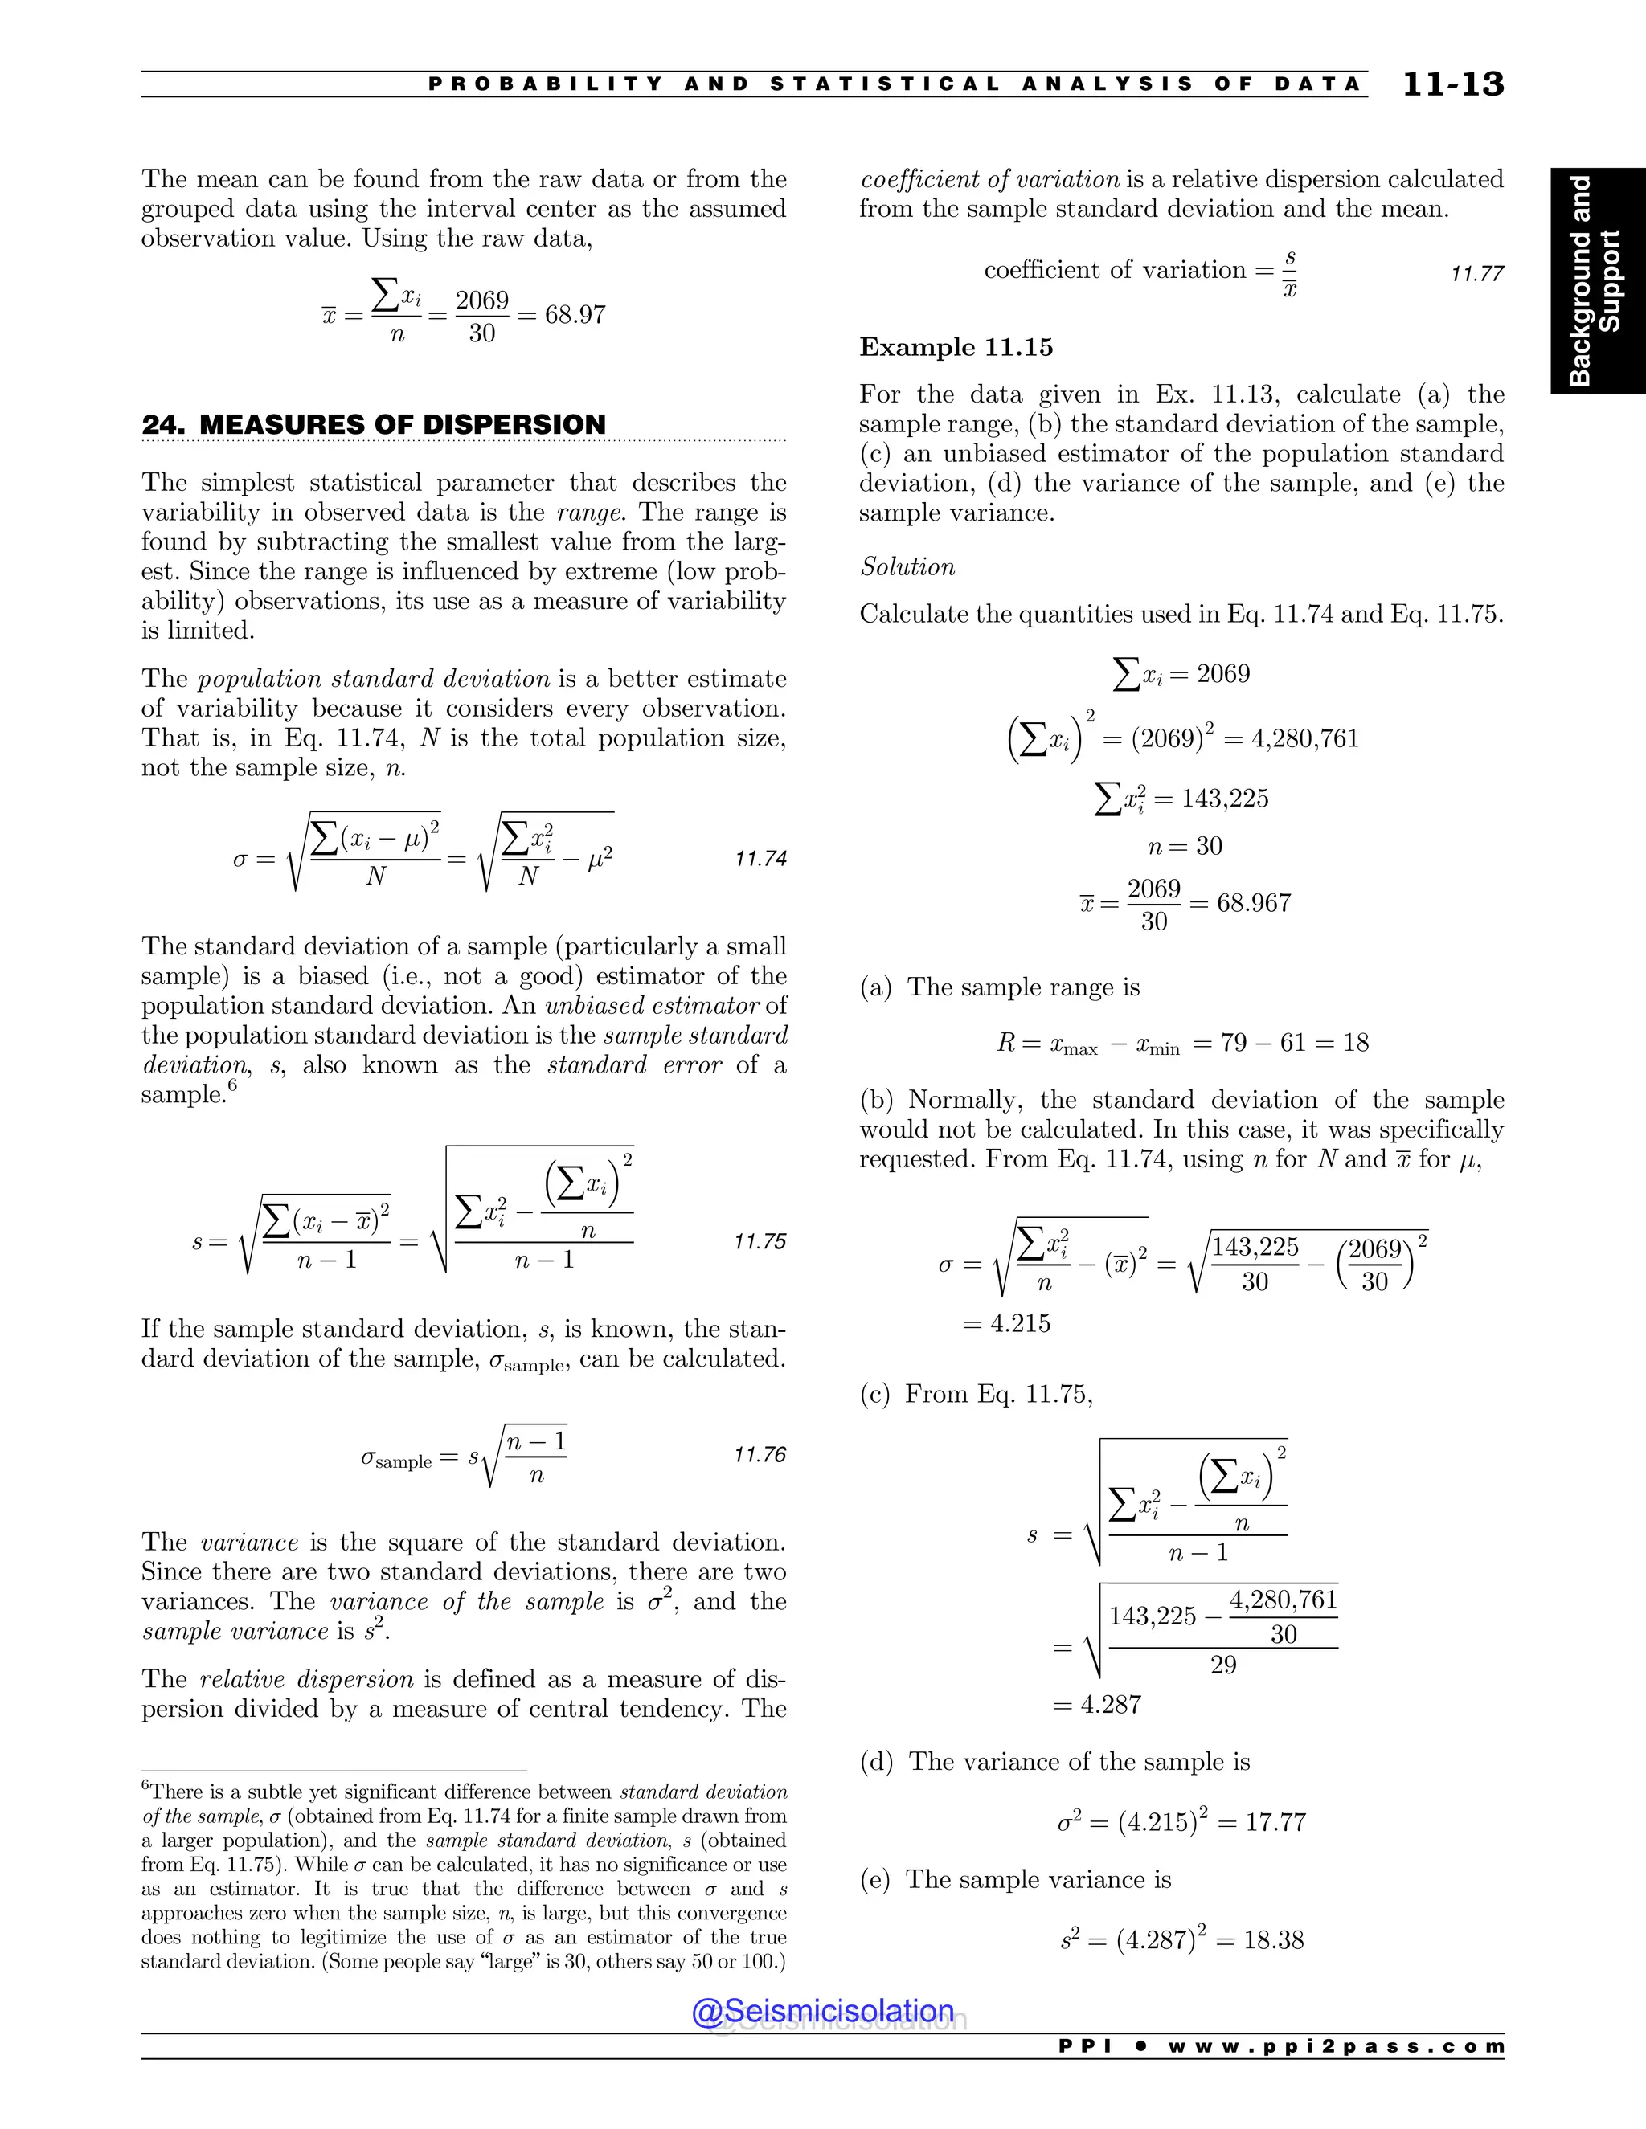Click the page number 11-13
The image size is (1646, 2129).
(1452, 85)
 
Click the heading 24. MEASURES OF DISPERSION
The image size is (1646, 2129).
(374, 425)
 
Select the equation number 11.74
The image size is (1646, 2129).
(760, 859)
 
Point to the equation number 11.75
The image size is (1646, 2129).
(760, 1242)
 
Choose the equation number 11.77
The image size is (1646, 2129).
(1476, 274)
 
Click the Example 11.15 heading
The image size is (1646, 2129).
(956, 348)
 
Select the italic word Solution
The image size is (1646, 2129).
(907, 567)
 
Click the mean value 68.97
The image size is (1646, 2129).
(575, 315)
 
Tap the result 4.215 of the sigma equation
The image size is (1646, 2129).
(1020, 1324)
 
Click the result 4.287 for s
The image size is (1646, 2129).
(1111, 1705)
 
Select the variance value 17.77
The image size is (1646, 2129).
(1275, 1822)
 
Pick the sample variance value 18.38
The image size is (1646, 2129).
(1274, 1940)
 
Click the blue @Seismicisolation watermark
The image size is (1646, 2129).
(823, 2011)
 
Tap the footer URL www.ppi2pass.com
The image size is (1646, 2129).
(1335, 2046)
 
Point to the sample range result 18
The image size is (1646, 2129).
(1355, 1043)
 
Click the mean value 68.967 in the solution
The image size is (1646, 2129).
(1254, 904)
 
